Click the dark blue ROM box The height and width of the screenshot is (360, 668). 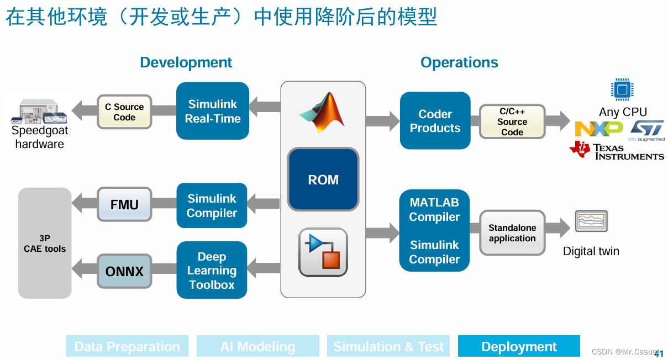pos(323,179)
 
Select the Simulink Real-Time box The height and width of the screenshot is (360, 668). pos(213,111)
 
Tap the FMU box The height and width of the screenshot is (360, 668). pos(124,204)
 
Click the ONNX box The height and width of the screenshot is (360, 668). pos(124,271)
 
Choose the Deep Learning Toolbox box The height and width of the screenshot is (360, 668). pos(212,271)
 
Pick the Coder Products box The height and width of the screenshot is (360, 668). pos(435,121)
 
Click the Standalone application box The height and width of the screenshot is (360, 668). pos(512,233)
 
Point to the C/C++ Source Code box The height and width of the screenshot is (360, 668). pos(512,121)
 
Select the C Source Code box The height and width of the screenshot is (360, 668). pos(124,112)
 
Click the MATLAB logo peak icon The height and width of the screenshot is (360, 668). pos(324,112)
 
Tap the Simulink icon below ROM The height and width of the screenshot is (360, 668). pos(323,252)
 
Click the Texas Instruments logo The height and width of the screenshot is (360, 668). pos(616,150)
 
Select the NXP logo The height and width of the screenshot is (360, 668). pos(598,129)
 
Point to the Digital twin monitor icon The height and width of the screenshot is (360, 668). pos(591,221)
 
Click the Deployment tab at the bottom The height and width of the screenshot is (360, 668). pos(519,346)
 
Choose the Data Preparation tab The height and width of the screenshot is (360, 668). pos(127,346)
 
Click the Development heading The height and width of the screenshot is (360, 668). pos(186,62)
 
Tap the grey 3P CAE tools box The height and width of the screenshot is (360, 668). pos(45,243)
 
